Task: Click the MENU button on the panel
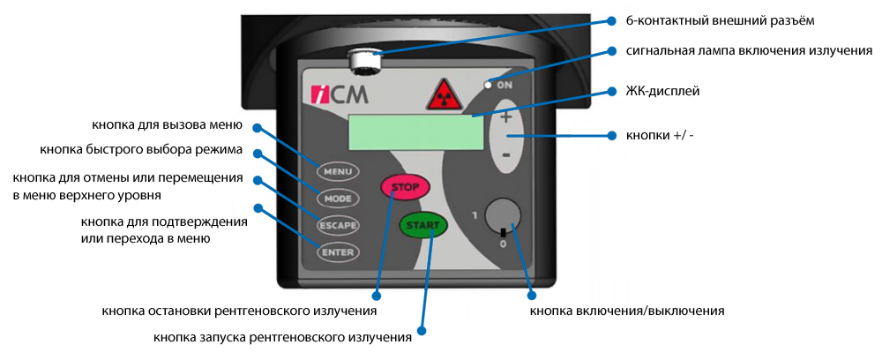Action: click(338, 170)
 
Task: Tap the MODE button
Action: click(338, 198)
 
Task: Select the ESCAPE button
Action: click(338, 225)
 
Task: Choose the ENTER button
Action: click(338, 252)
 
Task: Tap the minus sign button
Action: click(505, 155)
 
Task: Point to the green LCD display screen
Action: click(416, 133)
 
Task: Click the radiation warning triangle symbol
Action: click(444, 94)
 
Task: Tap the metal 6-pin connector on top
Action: click(363, 61)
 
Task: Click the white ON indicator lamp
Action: click(486, 86)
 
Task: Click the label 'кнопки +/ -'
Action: click(660, 136)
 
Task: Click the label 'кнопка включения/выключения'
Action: click(626, 311)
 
